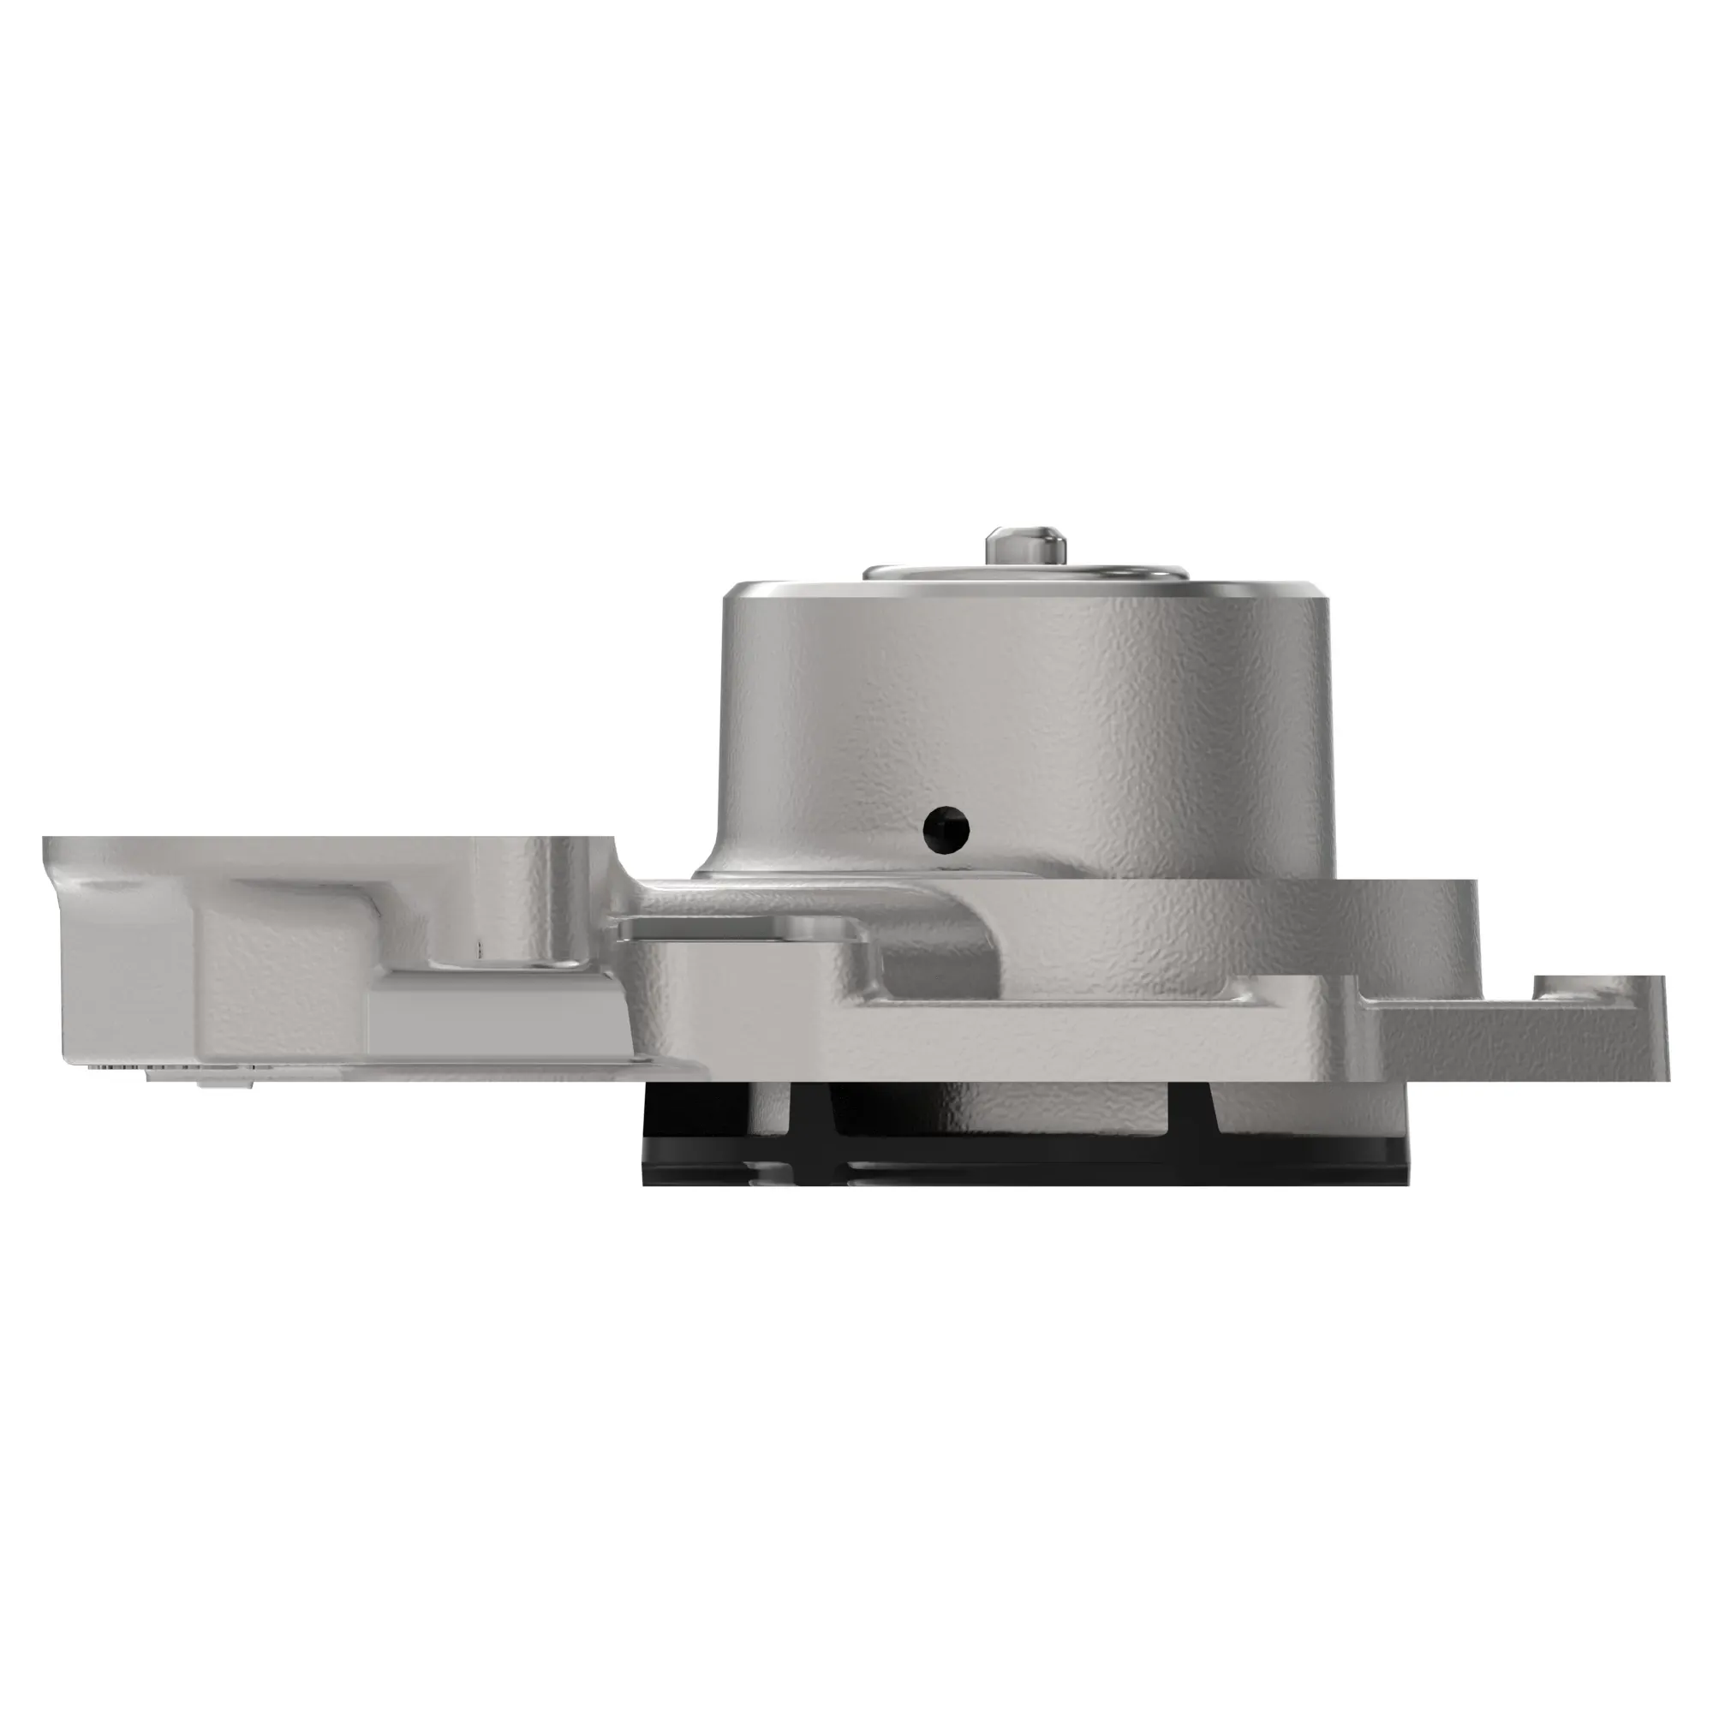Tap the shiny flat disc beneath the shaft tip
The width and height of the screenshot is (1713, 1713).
[940, 572]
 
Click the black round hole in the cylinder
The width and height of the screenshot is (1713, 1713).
[946, 829]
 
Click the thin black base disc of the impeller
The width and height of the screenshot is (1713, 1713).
[1019, 1170]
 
